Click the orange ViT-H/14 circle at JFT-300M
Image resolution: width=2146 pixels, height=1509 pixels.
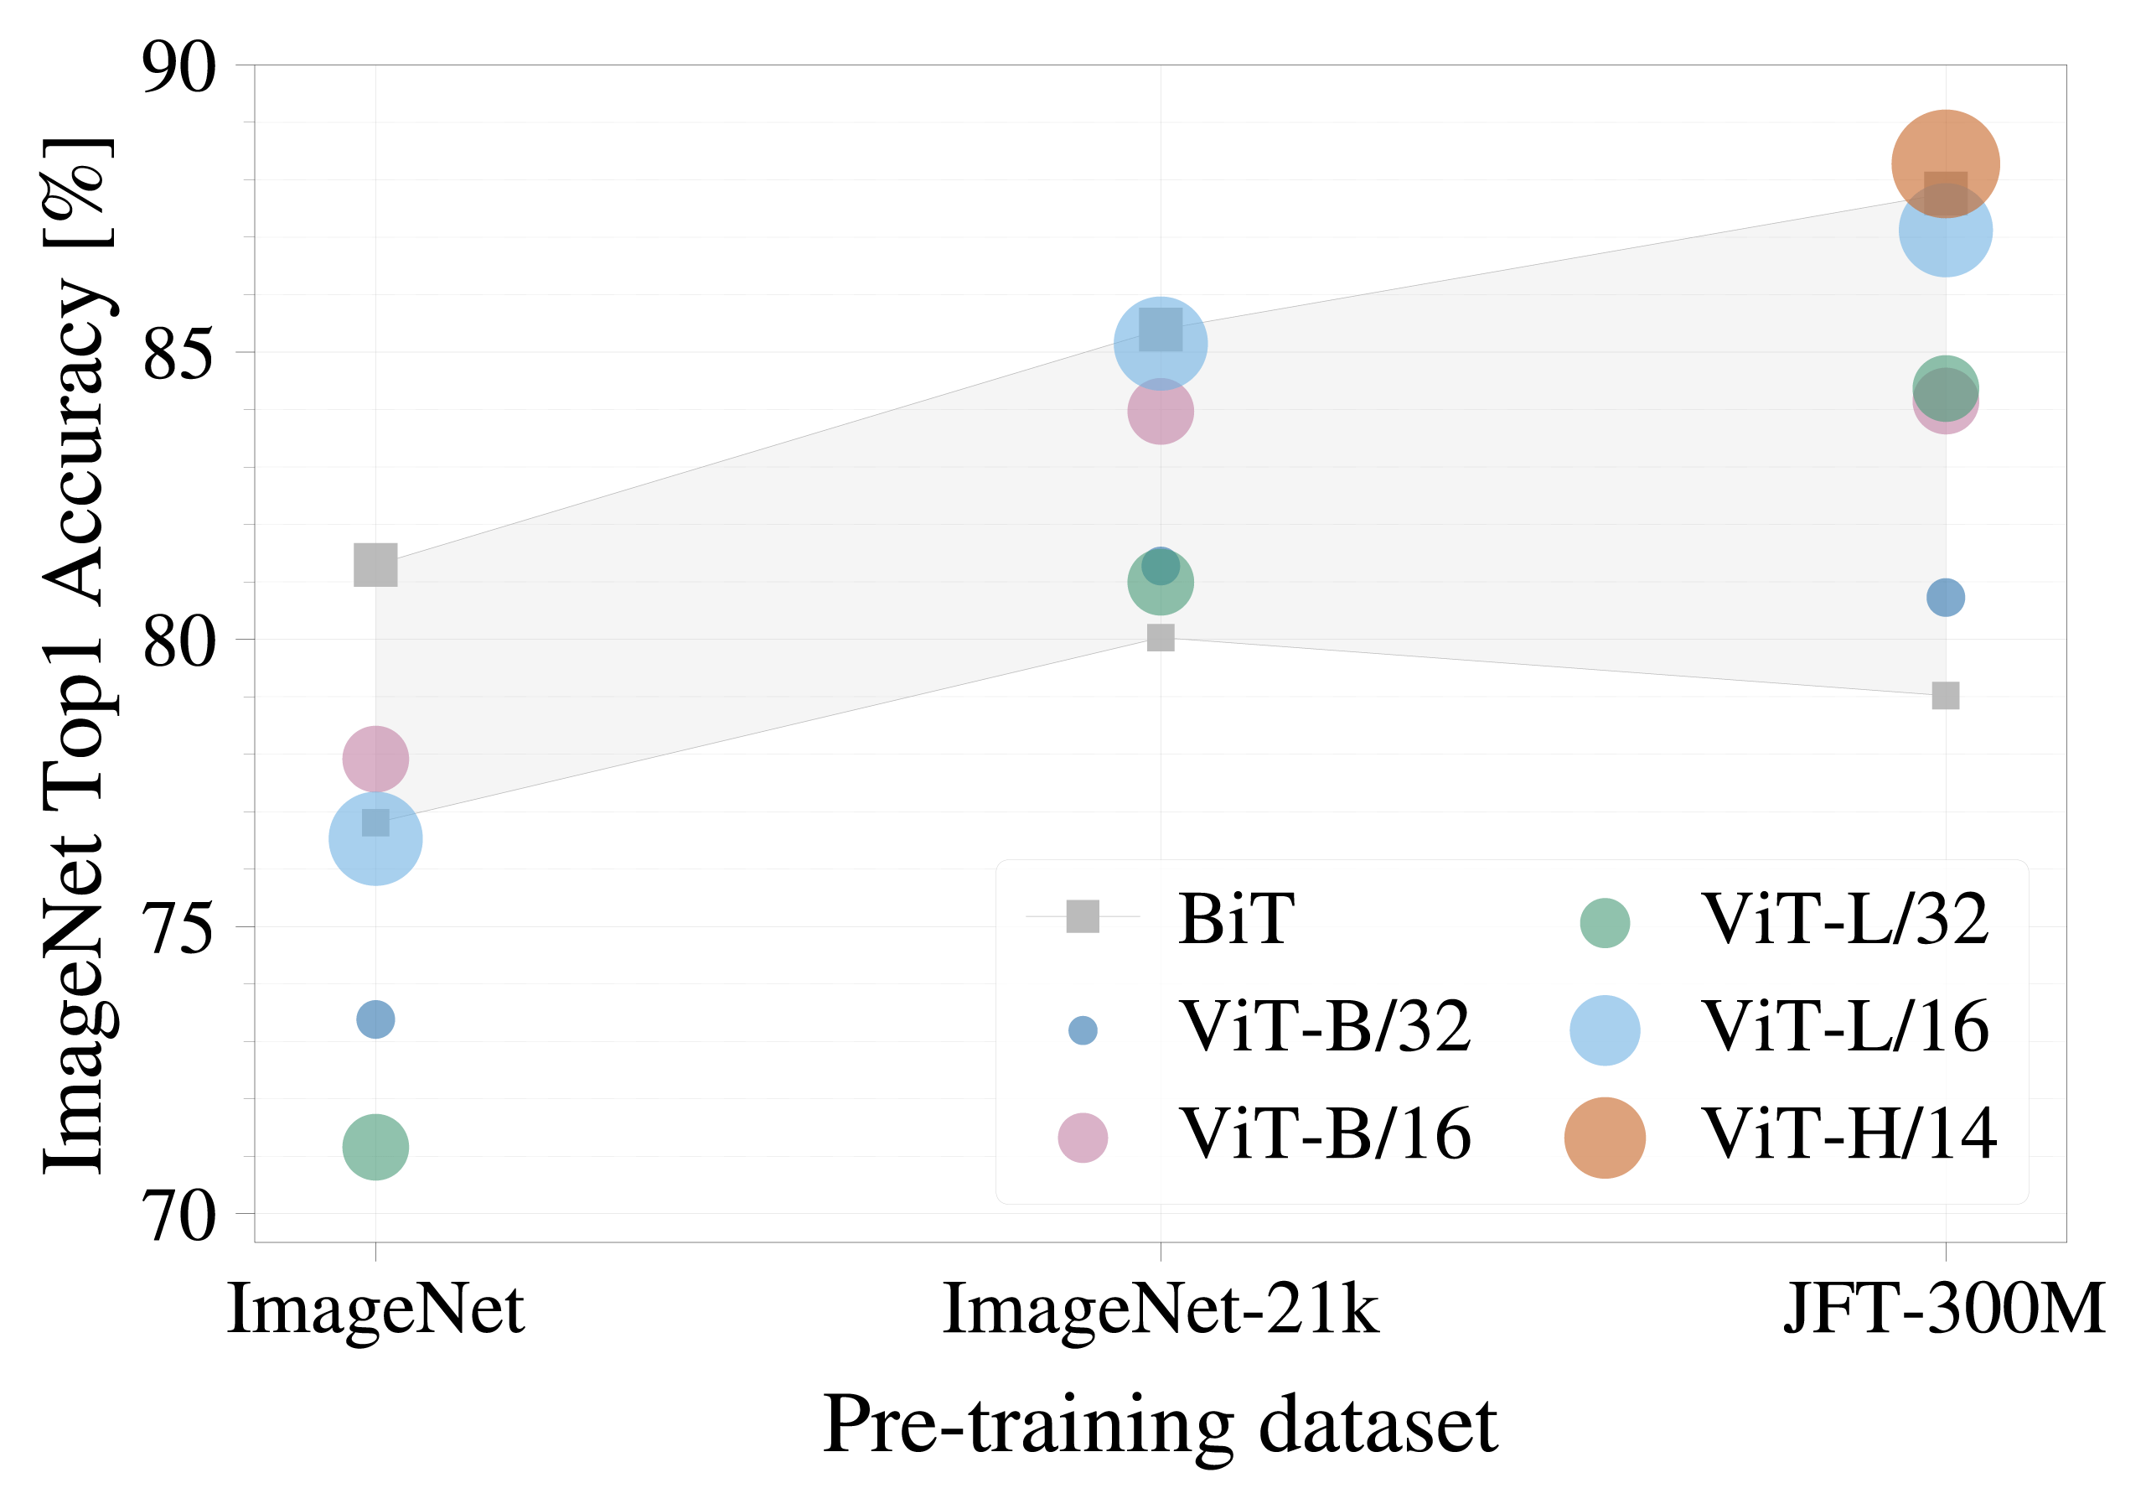[1945, 163]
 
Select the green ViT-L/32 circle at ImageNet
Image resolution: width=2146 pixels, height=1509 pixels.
[375, 1146]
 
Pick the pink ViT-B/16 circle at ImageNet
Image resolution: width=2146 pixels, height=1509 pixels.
[375, 757]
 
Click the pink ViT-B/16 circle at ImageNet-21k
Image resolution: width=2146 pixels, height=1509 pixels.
[1160, 411]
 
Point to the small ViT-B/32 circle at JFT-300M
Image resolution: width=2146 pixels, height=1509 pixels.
[1945, 597]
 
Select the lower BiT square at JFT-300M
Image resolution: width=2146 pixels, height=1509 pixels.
[1945, 696]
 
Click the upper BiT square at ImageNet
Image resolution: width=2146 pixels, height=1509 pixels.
[375, 566]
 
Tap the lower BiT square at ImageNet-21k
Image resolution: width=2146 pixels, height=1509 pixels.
[1160, 638]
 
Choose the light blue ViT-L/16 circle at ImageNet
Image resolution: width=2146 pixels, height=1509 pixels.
[375, 838]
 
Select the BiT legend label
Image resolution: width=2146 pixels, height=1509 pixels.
[1236, 919]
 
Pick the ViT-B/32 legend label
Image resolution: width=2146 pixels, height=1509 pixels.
[1326, 1027]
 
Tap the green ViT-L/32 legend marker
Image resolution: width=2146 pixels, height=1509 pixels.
[1604, 923]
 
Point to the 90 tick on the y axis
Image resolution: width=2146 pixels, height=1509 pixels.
[178, 67]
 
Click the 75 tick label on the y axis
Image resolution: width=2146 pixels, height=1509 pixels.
[178, 927]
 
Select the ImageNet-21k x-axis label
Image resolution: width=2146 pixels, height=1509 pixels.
[1160, 1309]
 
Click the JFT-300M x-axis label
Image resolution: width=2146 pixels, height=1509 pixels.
[1945, 1309]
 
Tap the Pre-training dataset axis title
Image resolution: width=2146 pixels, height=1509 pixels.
[1160, 1425]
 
